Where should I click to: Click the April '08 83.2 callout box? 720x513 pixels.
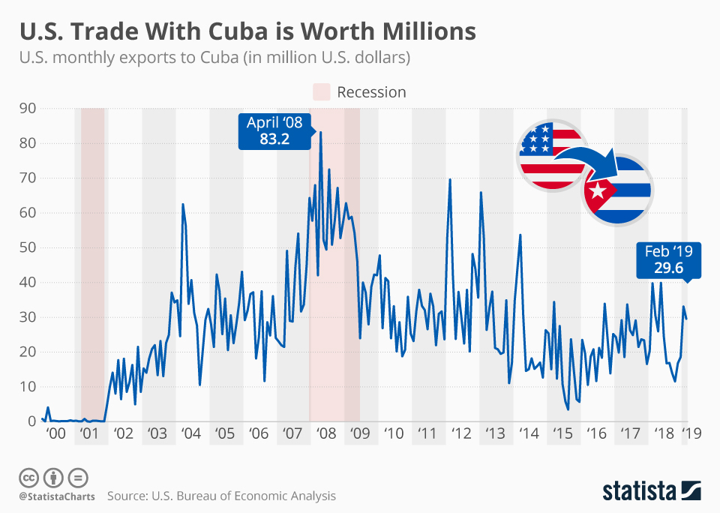click(274, 130)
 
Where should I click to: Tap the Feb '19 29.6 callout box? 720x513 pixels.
click(668, 260)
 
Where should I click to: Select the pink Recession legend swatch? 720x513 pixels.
click(321, 92)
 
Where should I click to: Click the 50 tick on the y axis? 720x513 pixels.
click(28, 247)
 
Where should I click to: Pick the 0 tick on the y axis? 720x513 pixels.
click(31, 421)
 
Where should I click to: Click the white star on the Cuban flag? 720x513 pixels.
click(598, 192)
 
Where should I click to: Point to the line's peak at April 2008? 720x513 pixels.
click(321, 133)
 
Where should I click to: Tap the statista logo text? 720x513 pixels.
click(637, 491)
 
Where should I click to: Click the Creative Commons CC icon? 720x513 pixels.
click(29, 478)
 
